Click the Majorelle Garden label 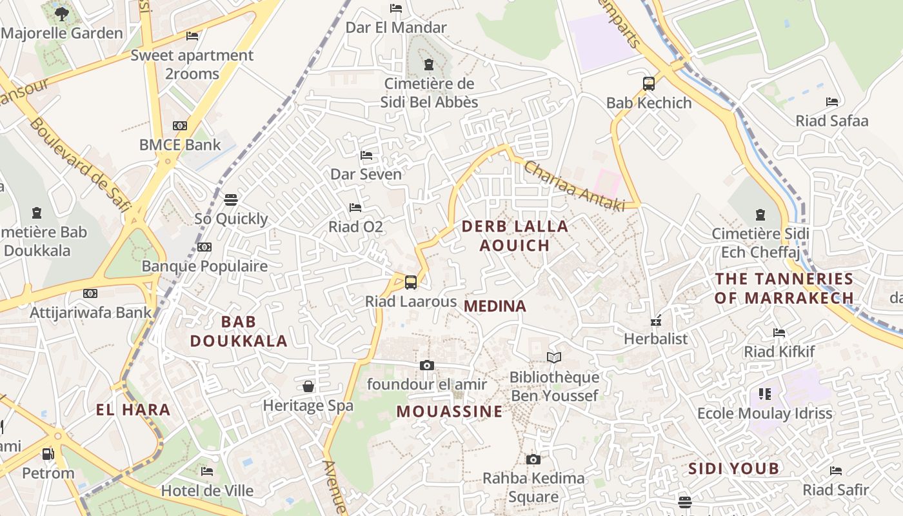pyautogui.click(x=63, y=33)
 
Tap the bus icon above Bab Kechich pyautogui.click(x=649, y=83)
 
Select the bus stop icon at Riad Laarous pyautogui.click(x=411, y=282)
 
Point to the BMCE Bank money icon pyautogui.click(x=180, y=125)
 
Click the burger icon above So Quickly pyautogui.click(x=231, y=199)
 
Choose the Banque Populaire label pyautogui.click(x=204, y=266)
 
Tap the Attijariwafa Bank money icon pyautogui.click(x=90, y=293)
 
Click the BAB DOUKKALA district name pyautogui.click(x=239, y=331)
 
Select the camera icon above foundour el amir pyautogui.click(x=426, y=365)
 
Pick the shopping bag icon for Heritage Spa pyautogui.click(x=308, y=386)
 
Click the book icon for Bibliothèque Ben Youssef pyautogui.click(x=554, y=357)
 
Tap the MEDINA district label pyautogui.click(x=495, y=306)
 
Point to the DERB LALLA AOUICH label pyautogui.click(x=515, y=235)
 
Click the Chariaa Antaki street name pyautogui.click(x=575, y=186)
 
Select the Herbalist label pyautogui.click(x=656, y=339)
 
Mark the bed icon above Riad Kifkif pyautogui.click(x=779, y=333)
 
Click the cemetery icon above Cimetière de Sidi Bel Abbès pyautogui.click(x=429, y=64)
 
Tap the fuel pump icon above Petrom pyautogui.click(x=48, y=453)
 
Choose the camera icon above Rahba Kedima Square pyautogui.click(x=533, y=459)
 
